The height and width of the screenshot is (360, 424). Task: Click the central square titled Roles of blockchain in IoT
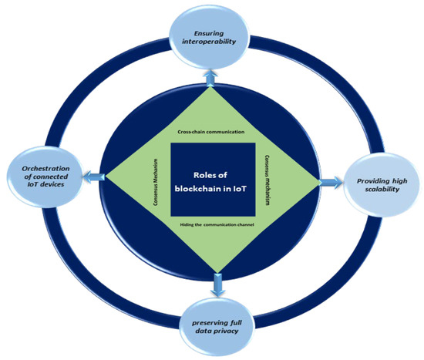click(x=214, y=180)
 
